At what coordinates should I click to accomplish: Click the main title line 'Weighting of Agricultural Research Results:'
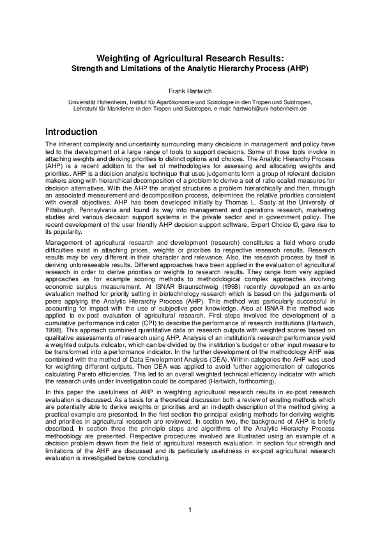pyautogui.click(x=190, y=58)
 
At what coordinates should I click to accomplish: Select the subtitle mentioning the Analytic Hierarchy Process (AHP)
pyautogui.click(x=190, y=67)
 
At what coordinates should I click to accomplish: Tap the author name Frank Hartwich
pyautogui.click(x=190, y=90)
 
